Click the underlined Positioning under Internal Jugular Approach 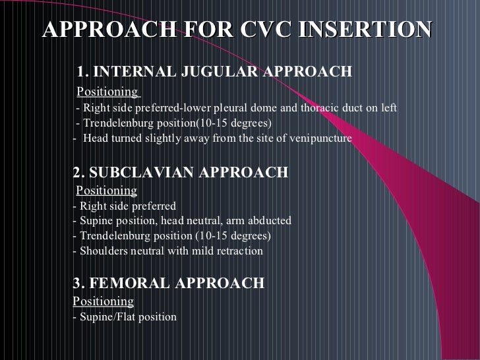point(107,91)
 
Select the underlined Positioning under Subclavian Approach point(107,191)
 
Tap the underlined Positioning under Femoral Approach point(104,301)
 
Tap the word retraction point(239,251)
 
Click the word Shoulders point(103,251)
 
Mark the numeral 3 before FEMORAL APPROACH point(76,284)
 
